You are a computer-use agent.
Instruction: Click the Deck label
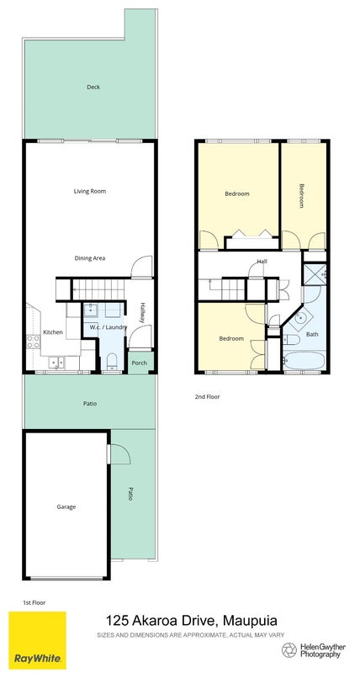tap(93, 87)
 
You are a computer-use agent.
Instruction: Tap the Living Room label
tap(90, 191)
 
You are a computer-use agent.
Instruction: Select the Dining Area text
tap(90, 258)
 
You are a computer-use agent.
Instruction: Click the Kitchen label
tap(53, 331)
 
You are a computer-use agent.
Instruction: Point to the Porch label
tap(139, 363)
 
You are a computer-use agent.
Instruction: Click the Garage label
tap(66, 506)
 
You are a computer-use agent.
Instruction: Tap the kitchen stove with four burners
tap(33, 342)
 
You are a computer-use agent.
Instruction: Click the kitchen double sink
tap(56, 363)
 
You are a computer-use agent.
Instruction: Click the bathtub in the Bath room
tap(304, 361)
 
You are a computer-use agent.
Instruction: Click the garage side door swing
tap(119, 453)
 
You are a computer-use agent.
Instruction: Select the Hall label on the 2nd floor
tap(262, 261)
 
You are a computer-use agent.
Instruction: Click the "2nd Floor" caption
tap(207, 396)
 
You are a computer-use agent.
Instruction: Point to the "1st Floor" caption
tap(34, 602)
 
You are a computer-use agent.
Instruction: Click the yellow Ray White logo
tap(37, 640)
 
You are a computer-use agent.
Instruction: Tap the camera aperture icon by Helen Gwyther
tap(289, 649)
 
